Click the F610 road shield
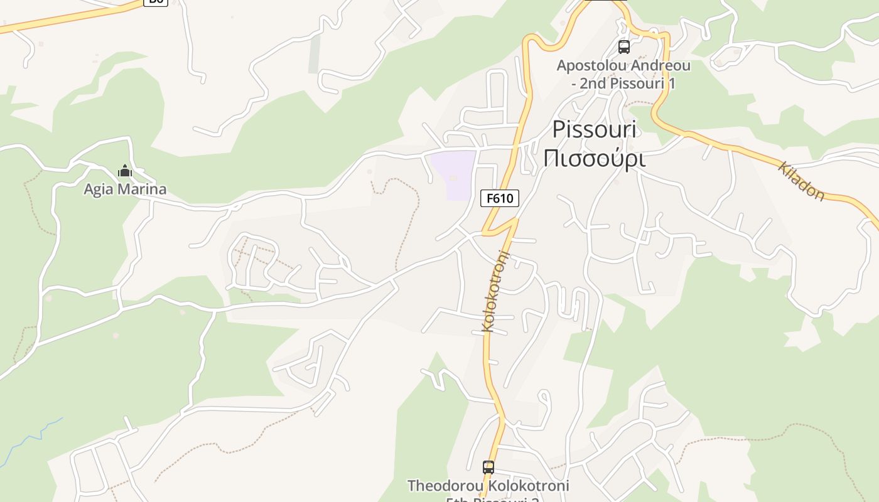coord(500,198)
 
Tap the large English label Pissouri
coord(594,129)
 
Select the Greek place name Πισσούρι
coord(594,158)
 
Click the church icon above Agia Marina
coord(125,171)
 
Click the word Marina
coord(144,189)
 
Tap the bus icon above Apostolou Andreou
coord(623,46)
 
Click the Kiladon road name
coord(802,181)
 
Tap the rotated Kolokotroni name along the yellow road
coord(496,291)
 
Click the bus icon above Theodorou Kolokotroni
coord(488,467)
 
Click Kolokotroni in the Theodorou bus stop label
coord(529,486)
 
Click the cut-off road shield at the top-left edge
coord(156,2)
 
